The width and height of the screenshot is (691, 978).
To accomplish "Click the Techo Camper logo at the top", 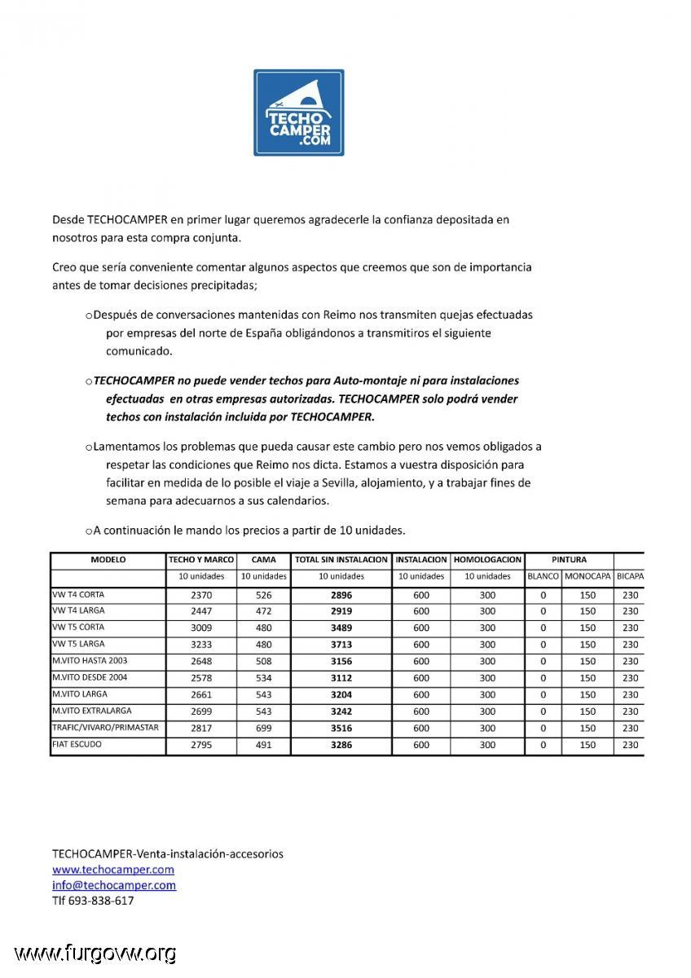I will click(x=298, y=112).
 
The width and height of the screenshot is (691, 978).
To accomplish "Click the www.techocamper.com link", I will click(x=112, y=870).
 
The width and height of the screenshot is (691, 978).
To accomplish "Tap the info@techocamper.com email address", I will click(x=113, y=885).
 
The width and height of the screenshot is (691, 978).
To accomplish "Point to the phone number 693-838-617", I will click(x=101, y=901).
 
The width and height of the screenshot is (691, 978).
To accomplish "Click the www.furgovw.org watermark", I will click(x=95, y=953).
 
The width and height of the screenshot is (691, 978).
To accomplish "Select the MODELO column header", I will click(x=108, y=560).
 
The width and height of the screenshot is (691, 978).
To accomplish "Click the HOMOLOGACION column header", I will click(x=487, y=560).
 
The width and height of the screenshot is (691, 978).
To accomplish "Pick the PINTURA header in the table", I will click(x=569, y=560).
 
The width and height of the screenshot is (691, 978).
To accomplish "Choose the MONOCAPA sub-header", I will click(x=588, y=576).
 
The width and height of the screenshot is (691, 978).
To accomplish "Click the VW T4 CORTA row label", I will click(x=78, y=594).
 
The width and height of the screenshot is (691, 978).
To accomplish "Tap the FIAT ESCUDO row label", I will click(x=77, y=744).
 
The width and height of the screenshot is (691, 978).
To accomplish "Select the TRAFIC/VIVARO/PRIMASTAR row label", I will click(x=105, y=727).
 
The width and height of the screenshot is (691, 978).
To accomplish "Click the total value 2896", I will click(x=341, y=595).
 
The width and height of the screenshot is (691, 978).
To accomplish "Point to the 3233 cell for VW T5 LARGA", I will click(x=201, y=645).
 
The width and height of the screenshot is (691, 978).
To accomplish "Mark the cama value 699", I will click(x=264, y=728).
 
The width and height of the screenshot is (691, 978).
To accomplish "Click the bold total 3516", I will click(x=341, y=728).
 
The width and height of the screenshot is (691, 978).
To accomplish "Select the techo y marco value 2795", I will click(x=201, y=745).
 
